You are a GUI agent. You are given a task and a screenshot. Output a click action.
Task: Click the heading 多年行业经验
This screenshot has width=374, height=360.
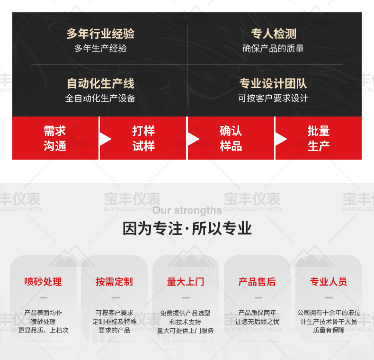[100, 34]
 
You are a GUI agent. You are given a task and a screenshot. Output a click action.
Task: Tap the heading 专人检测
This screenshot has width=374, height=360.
[274, 34]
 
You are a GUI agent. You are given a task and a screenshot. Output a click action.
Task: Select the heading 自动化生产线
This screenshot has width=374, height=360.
[100, 83]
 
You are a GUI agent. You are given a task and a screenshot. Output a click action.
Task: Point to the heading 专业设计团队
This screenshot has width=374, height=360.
[273, 83]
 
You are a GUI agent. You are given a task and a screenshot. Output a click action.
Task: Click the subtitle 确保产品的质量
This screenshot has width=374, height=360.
[273, 48]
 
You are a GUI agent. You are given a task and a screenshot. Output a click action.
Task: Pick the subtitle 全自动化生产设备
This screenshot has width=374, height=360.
[100, 98]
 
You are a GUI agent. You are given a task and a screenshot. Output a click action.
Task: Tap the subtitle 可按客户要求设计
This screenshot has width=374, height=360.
[273, 98]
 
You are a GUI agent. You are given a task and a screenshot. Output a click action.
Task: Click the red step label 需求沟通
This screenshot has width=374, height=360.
[55, 138]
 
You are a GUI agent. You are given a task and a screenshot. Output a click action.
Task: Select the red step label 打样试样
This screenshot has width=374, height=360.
[143, 138]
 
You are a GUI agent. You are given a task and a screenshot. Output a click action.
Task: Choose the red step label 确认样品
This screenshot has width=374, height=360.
[231, 138]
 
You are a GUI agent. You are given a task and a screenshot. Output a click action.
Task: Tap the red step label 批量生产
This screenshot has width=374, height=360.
[319, 138]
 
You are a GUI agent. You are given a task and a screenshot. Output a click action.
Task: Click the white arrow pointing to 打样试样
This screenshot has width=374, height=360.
[105, 139]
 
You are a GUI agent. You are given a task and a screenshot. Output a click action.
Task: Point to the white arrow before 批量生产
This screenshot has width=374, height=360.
[281, 139]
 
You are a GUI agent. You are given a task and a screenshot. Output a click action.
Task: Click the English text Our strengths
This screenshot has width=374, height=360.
[187, 210]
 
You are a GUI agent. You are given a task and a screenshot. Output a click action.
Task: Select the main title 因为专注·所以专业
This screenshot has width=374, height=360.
[187, 228]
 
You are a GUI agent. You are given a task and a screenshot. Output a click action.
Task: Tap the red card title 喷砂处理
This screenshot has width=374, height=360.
[43, 282]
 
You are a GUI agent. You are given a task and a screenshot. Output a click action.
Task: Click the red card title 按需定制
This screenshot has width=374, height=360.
[114, 282]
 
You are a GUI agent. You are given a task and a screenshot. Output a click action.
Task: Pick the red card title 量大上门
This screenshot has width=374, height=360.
[186, 282]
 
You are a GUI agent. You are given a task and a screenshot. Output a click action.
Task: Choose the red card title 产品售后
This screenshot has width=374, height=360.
[257, 282]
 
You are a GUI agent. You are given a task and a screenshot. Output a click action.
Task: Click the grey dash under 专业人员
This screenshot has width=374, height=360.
[329, 297]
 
